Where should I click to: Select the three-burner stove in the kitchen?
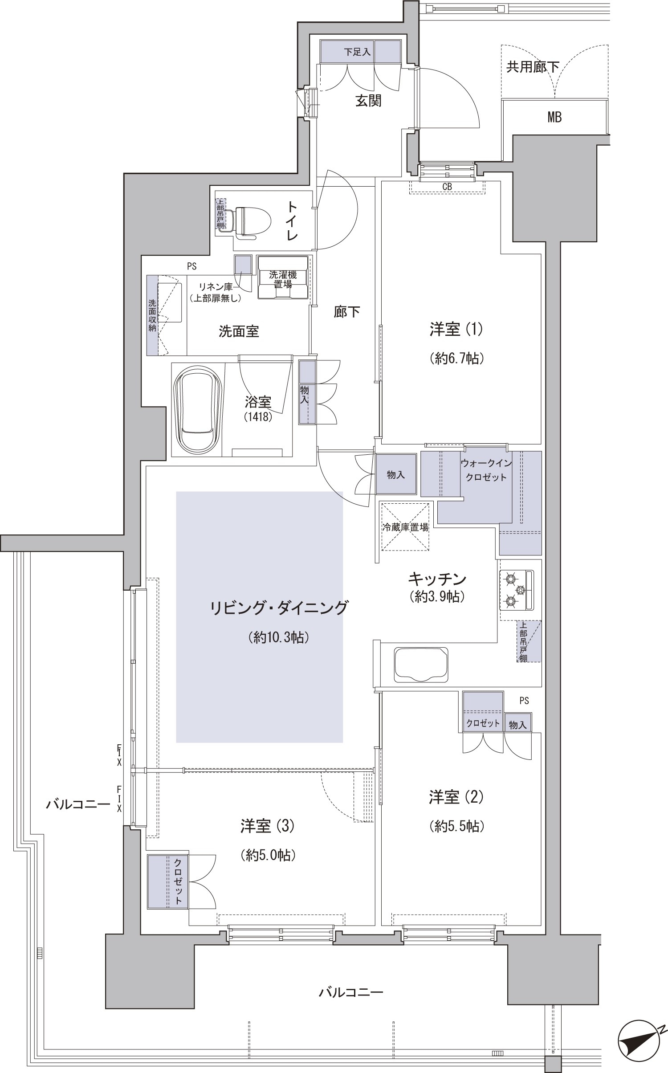click(516, 590)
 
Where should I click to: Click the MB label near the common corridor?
click(554, 117)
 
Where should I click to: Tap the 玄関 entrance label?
click(368, 101)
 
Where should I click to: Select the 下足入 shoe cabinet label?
click(357, 52)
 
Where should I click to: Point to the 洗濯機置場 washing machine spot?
click(282, 279)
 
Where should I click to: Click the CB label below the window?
click(447, 187)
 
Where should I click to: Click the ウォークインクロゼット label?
click(486, 470)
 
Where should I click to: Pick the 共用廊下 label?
click(533, 67)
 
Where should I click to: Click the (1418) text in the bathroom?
click(258, 417)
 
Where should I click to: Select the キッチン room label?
click(437, 579)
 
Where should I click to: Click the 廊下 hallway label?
click(347, 312)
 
